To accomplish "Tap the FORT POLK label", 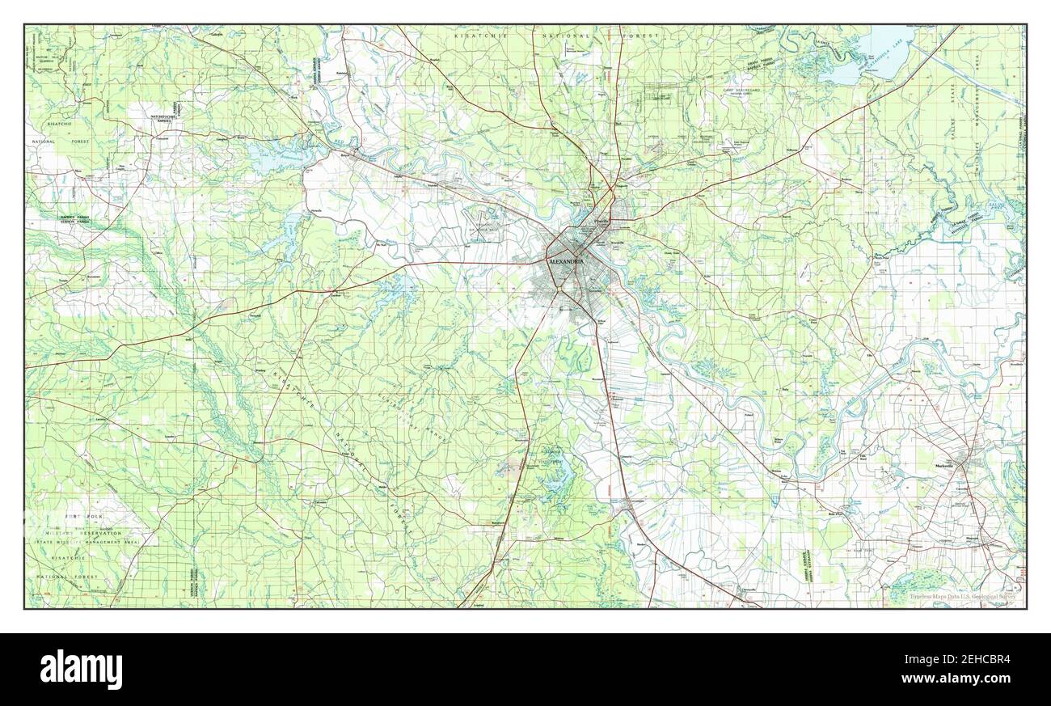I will (x=84, y=515).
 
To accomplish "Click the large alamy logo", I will (x=81, y=670).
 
